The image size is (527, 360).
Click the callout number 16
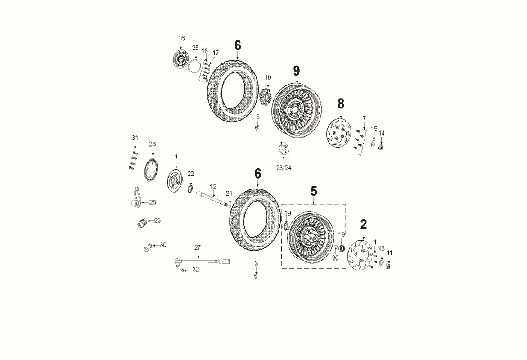pyautogui.click(x=181, y=38)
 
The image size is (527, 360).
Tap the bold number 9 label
pyautogui.click(x=296, y=71)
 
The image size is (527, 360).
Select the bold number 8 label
pyautogui.click(x=341, y=103)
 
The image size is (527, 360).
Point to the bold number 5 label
pyautogui.click(x=314, y=191)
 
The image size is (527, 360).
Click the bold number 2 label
pyautogui.click(x=363, y=224)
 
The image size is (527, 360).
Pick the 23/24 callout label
pyautogui.click(x=284, y=168)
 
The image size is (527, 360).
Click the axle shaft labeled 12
pyautogui.click(x=213, y=198)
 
